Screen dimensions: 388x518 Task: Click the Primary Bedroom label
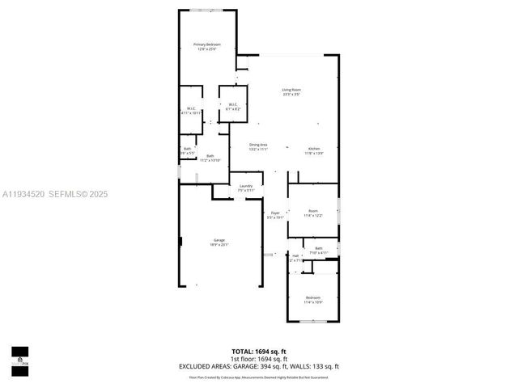pos(206,46)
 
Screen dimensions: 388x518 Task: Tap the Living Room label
pos(291,91)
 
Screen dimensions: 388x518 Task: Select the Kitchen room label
pos(314,150)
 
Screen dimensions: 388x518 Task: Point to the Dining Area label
pos(257,147)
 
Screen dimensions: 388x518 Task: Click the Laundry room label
pos(245,188)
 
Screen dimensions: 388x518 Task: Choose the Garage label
pos(219,242)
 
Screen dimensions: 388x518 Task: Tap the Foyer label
pos(275,215)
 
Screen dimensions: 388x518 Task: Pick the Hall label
pos(295,258)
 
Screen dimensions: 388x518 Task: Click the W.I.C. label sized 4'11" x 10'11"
pos(191,111)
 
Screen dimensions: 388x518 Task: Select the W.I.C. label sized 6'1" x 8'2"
pos(231,106)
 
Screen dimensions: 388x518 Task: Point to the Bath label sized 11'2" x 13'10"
pos(210,158)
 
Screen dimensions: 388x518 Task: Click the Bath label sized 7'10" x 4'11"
pos(319,250)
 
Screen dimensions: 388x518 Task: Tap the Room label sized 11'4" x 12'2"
pos(312,213)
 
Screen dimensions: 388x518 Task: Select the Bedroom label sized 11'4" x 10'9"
pos(312,299)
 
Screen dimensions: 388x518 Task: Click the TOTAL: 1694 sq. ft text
pos(259,351)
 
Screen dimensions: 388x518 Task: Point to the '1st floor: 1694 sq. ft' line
pos(259,358)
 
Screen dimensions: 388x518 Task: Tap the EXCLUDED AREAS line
pos(259,366)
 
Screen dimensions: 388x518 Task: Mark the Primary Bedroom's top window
pos(206,10)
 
